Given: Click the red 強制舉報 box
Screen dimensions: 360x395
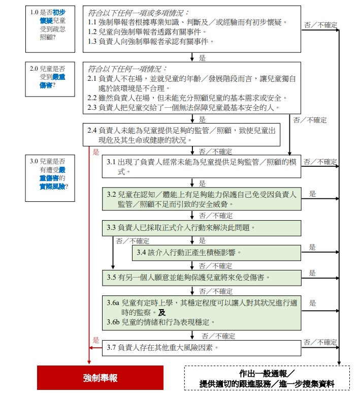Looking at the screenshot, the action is click(x=100, y=378).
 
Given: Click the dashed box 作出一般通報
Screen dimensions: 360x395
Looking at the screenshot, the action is click(x=267, y=378).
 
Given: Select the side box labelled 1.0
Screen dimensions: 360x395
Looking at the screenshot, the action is click(x=50, y=29).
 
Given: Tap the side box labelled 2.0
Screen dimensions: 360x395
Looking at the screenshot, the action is click(x=50, y=79).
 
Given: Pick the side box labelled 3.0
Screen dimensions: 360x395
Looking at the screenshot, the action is click(x=50, y=178).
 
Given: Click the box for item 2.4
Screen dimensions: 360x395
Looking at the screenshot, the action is click(x=181, y=135).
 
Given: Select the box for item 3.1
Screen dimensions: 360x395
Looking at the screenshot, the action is click(x=202, y=167).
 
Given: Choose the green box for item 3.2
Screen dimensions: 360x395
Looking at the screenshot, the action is click(x=202, y=199).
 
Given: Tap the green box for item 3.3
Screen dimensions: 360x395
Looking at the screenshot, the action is click(x=202, y=228).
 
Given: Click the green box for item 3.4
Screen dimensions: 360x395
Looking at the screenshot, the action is click(x=217, y=253).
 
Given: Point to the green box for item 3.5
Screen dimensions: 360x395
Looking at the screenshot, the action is click(x=202, y=278).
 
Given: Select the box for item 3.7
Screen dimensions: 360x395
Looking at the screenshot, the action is click(x=202, y=348).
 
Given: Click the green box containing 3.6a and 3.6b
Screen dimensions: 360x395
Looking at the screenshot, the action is click(x=202, y=313).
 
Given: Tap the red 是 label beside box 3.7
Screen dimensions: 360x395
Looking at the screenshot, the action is click(x=96, y=340).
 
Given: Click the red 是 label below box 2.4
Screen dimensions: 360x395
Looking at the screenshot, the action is click(x=96, y=151).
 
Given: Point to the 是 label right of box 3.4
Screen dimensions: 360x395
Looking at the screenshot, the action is click(x=312, y=247).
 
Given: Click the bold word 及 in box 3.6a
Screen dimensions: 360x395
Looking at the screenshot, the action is click(x=162, y=312).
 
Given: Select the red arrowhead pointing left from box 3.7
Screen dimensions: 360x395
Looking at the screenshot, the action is click(x=91, y=348).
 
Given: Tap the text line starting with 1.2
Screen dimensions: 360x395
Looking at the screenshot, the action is click(x=147, y=32).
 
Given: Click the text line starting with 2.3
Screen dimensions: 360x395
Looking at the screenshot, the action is click(x=184, y=108).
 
